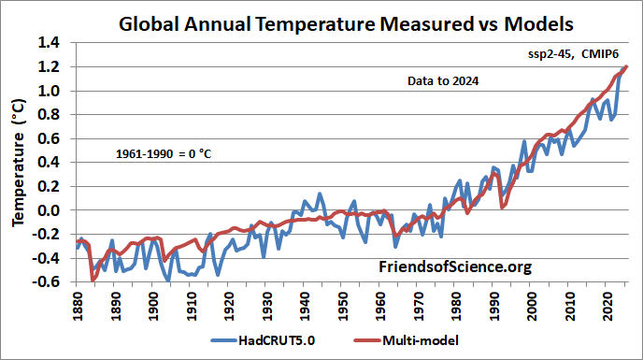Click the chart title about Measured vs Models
click(340, 21)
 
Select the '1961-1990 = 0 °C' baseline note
click(164, 152)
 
